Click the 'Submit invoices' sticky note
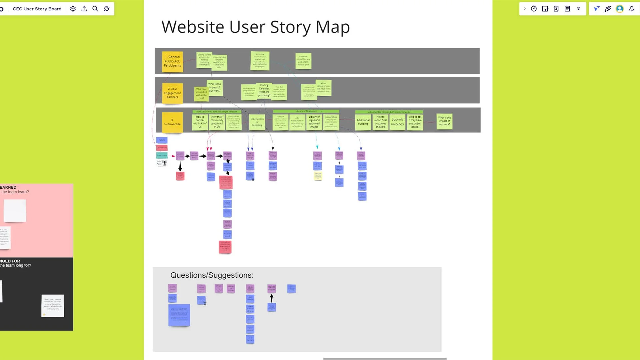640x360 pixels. pos(397,122)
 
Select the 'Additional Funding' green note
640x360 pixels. pos(363,122)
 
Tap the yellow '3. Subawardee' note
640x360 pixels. pos(172,122)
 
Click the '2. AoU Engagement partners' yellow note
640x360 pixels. pos(172,93)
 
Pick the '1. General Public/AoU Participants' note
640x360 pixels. pos(172,61)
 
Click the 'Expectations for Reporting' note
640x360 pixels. pos(257,122)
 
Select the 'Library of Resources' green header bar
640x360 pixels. pos(306,111)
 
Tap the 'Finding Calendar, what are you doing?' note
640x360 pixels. pos(264,90)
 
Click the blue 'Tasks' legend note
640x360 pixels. pos(162,140)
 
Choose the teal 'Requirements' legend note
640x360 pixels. pos(162,155)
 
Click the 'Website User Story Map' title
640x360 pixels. pos(255,27)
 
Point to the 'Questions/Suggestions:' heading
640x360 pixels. pos(212,275)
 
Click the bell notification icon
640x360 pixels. pos(631,9)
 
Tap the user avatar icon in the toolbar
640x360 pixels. pos(620,9)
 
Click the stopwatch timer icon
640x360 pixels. pos(534,9)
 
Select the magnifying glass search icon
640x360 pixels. pos(95,9)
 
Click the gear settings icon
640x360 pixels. pos(73,9)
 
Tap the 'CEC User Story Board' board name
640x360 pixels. pos(37,9)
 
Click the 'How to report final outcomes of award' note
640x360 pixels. pos(380,122)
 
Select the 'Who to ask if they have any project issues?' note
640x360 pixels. pos(415,122)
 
